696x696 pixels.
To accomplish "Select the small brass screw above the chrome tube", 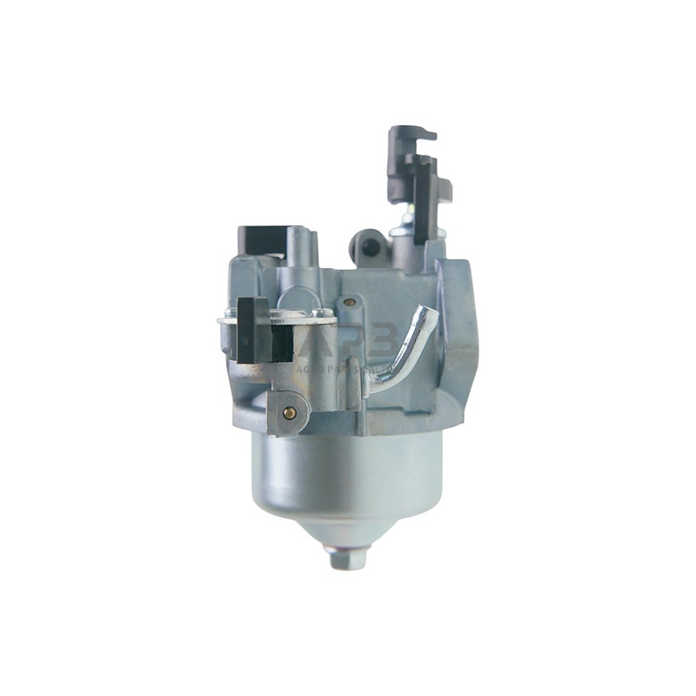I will (349, 302).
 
